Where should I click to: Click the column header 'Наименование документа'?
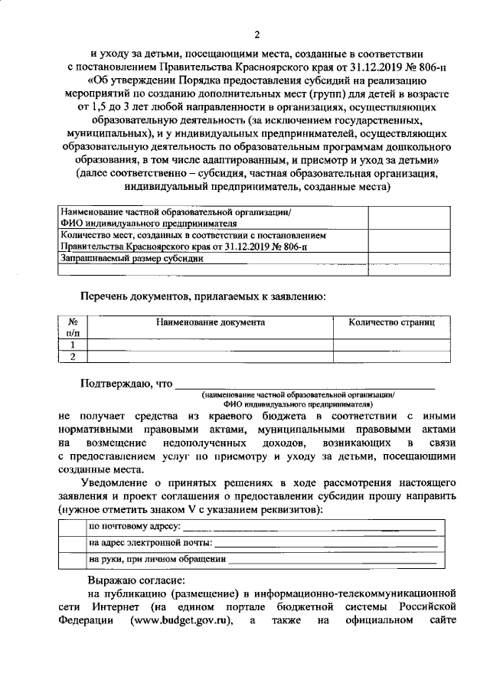pyautogui.click(x=211, y=323)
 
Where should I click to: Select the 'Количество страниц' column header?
pyautogui.click(x=391, y=323)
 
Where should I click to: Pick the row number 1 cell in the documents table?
pyautogui.click(x=73, y=345)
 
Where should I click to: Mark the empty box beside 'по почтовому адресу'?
pyautogui.click(x=72, y=527)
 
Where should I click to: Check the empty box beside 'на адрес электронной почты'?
pyautogui.click(x=72, y=543)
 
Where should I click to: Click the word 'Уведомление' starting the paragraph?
pyautogui.click(x=122, y=483)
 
